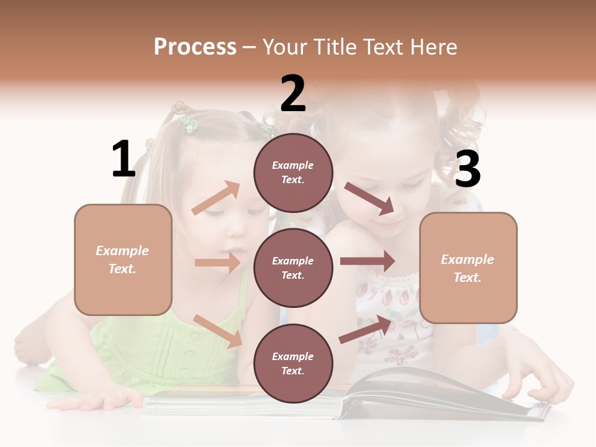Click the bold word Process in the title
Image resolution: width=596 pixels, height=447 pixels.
[x=195, y=47]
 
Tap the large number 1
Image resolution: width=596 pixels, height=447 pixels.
[x=124, y=160]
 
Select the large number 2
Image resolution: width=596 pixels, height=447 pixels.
[x=293, y=94]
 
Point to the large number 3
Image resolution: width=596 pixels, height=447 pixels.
[x=467, y=169]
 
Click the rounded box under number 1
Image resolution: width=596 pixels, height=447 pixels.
[x=123, y=260]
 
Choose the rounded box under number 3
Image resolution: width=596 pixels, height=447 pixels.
[x=468, y=268]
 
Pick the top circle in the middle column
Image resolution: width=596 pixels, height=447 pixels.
[x=293, y=173]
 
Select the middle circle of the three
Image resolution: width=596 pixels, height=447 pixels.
[x=293, y=268]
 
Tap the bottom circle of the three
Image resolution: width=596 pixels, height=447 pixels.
[x=293, y=363]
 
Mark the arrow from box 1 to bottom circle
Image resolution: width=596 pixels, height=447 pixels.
[x=217, y=330]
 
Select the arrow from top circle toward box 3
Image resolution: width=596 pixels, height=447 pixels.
[x=369, y=199]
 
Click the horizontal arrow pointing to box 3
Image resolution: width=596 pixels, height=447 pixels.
[x=367, y=261]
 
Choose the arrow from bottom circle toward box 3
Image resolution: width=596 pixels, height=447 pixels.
[x=366, y=329]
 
